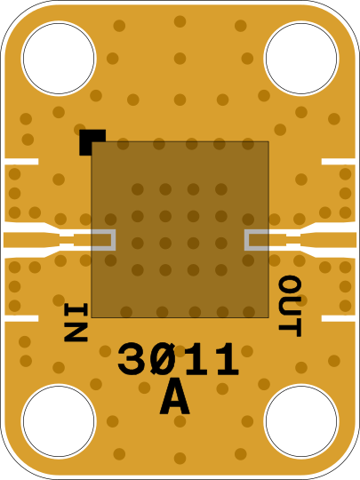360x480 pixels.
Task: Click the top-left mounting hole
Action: click(59, 58)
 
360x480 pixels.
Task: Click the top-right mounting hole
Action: click(301, 58)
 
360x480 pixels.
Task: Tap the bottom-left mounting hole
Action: click(59, 421)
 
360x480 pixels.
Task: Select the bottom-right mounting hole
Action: click(301, 421)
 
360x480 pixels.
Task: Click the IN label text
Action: click(76, 322)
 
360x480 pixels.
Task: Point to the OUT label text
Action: click(290, 306)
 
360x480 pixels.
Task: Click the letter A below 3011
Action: click(174, 396)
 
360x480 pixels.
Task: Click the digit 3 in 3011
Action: click(131, 359)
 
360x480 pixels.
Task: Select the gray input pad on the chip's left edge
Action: click(104, 240)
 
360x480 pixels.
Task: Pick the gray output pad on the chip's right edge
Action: click(257, 240)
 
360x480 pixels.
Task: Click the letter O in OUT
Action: click(290, 285)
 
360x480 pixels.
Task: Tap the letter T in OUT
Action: click(290, 328)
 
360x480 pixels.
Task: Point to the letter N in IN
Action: click(76, 332)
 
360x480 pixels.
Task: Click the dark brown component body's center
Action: click(180, 229)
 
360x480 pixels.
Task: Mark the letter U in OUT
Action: click(290, 307)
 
